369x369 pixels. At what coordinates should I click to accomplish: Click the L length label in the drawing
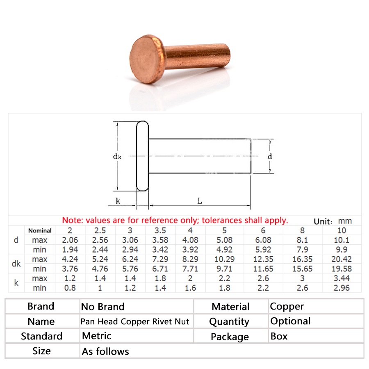200,201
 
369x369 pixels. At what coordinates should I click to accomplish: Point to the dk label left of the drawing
117,156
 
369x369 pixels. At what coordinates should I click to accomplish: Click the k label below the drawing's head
118,201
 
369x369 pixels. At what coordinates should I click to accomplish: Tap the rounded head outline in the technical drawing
142,156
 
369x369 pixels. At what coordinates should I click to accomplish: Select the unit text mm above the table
345,221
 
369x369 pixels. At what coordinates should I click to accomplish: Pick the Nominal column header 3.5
160,230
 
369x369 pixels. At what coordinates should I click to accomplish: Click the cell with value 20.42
341,259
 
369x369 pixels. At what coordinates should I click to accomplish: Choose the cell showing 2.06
70,240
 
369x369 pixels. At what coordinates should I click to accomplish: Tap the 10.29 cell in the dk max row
224,259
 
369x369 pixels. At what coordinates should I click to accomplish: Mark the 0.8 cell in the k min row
70,288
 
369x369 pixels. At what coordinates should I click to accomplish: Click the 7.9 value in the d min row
301,250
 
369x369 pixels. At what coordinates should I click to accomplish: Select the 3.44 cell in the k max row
341,278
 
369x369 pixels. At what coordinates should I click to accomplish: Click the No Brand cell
102,307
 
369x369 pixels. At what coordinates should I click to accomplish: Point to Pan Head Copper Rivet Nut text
135,322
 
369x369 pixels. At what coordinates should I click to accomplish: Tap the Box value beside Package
279,337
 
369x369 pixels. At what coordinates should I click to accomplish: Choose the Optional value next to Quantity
290,321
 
